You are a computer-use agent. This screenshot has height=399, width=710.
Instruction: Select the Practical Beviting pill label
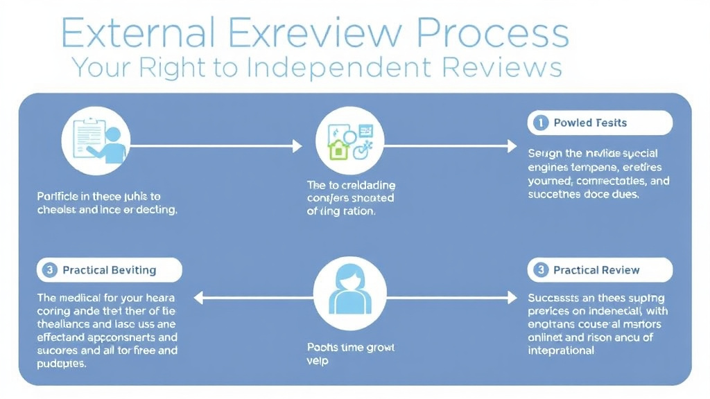[109, 270]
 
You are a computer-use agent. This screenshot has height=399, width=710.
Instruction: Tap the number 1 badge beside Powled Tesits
[540, 123]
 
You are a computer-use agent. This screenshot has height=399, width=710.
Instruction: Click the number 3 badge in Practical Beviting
[49, 270]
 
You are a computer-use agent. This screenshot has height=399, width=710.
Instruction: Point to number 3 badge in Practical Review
[540, 270]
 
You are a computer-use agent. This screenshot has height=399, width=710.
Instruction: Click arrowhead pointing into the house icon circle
[297, 145]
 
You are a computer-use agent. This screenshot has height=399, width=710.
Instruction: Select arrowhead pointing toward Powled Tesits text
[512, 145]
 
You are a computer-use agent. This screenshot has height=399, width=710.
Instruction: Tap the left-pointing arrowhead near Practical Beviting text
[199, 299]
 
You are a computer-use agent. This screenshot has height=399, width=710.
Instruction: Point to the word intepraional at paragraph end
[562, 350]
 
